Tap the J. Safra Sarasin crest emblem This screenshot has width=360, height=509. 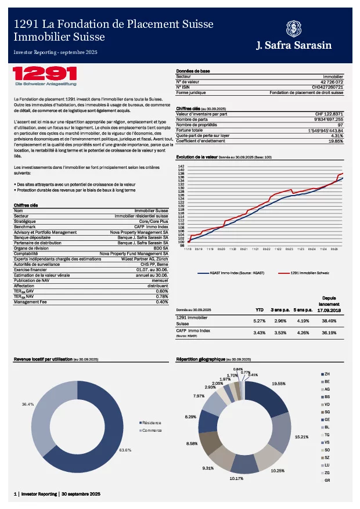point(294,28)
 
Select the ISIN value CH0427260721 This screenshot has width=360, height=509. point(327,87)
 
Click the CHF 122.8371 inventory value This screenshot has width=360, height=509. point(329,114)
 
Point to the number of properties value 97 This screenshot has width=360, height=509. point(340,125)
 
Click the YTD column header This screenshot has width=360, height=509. point(260,310)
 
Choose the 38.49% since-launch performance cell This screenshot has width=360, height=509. point(328,320)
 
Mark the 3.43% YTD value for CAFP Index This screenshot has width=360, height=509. point(259,333)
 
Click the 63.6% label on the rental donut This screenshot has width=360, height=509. point(125,450)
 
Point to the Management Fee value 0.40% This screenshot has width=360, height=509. point(162,302)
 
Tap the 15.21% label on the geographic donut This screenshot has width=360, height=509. point(302,436)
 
